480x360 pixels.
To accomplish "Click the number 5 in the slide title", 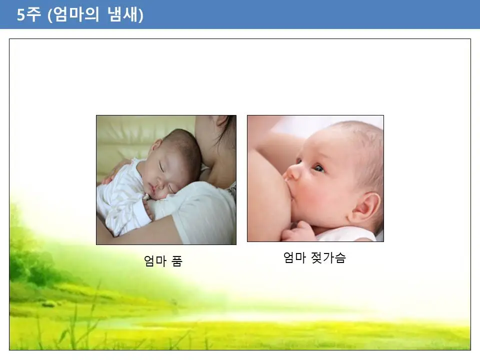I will coord(21,15).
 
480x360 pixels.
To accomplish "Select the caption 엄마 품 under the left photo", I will coord(163,261).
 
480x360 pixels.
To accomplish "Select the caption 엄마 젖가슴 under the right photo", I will coord(314,258).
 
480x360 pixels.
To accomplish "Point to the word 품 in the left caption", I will coord(177,261).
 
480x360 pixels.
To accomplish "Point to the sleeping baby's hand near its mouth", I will coord(148,207).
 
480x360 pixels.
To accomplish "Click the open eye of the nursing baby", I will coord(318,168).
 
